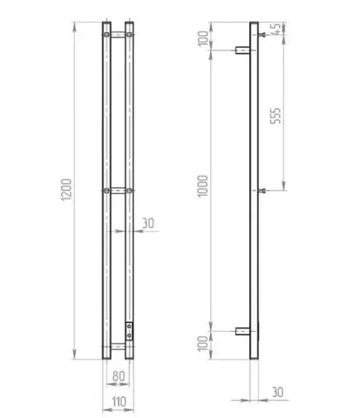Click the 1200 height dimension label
click(66, 190)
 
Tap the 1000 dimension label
click(203, 186)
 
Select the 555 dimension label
click(275, 116)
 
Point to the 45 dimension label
click(275, 29)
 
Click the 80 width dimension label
click(119, 376)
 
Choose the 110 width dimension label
click(119, 402)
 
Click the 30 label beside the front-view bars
click(148, 223)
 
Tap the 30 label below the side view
click(277, 392)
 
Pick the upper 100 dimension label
click(203, 37)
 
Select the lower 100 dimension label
click(203, 344)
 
